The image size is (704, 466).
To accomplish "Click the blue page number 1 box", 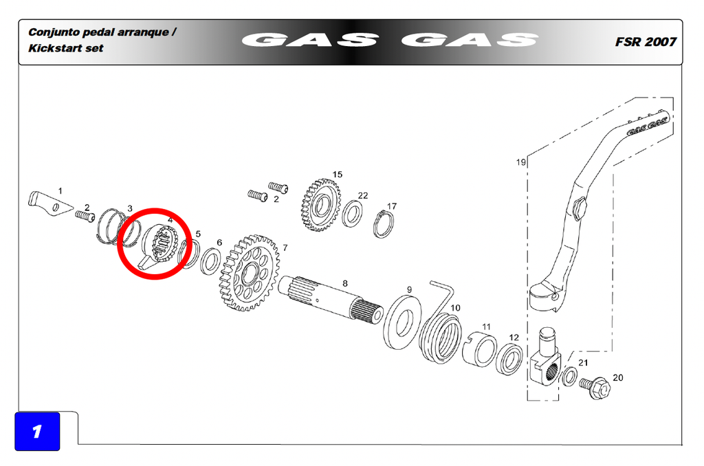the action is tap(37, 431).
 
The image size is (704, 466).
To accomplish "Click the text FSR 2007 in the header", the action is tap(645, 42).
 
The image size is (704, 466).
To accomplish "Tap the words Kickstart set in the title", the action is tap(65, 48).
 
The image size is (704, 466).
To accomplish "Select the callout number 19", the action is tap(521, 162).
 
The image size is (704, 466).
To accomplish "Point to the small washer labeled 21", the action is tap(570, 376).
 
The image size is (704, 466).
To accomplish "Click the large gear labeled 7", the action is tap(249, 272).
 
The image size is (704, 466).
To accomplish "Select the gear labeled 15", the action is tap(320, 205).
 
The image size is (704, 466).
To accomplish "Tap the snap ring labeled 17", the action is tap(384, 224).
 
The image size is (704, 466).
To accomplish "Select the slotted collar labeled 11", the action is tap(479, 350).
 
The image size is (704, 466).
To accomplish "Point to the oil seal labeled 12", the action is tap(509, 359).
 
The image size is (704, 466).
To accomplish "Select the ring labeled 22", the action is tap(353, 214).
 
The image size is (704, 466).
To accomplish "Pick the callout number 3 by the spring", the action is tap(130, 208).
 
